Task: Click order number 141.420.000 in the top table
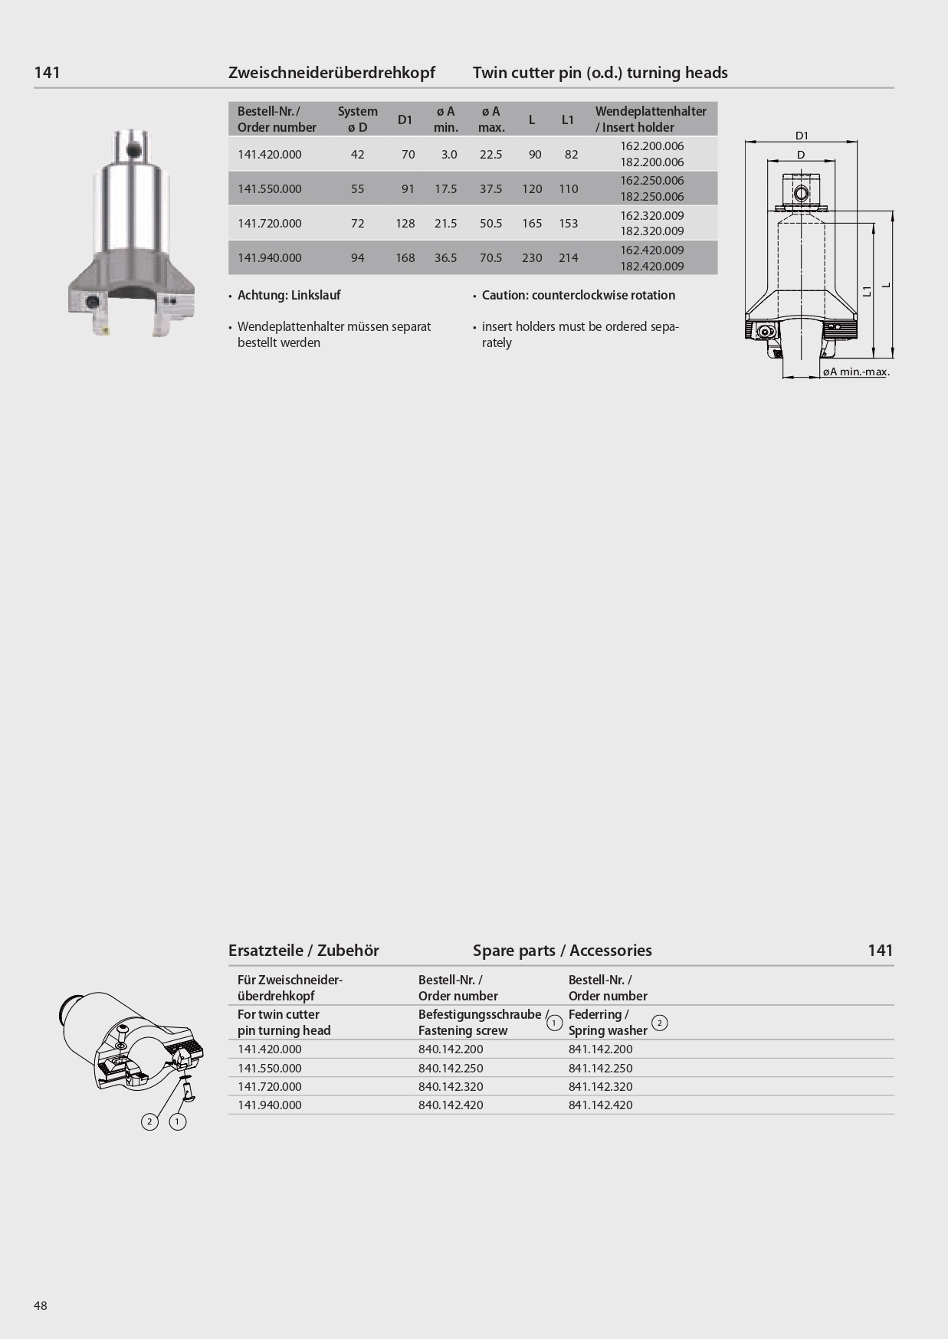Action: pos(270,155)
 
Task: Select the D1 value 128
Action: pos(405,224)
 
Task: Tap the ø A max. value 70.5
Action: pos(490,258)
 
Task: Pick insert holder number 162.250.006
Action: pos(651,181)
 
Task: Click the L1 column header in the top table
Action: pos(568,119)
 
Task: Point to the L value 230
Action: pos(532,258)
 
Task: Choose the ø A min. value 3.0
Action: pos(449,155)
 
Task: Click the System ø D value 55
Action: pos(358,189)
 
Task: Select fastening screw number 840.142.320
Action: pos(451,1086)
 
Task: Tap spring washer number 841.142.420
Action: pos(601,1105)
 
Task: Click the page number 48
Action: pos(41,1305)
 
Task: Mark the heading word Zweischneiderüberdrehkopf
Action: pos(332,73)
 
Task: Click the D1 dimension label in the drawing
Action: pos(802,136)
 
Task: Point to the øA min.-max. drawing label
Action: pos(856,372)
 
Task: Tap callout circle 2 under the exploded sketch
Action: pos(150,1121)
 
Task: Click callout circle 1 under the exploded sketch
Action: pos(178,1121)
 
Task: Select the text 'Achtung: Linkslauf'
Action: pos(289,296)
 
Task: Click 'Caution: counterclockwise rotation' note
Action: pos(579,296)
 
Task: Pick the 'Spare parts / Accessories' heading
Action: pos(563,951)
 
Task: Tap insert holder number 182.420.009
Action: pos(651,267)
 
